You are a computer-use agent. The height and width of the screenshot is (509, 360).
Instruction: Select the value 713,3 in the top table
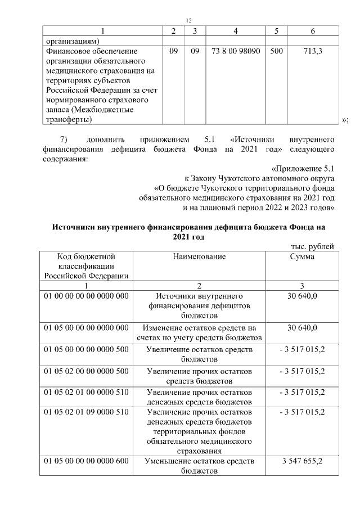(312, 51)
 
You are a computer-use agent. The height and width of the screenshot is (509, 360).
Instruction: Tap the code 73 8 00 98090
(236, 51)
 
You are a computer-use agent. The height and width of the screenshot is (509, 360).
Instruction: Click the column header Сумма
(303, 256)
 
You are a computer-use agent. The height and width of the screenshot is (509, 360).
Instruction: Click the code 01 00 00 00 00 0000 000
(86, 296)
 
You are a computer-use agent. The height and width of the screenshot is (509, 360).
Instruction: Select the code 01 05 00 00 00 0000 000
(86, 328)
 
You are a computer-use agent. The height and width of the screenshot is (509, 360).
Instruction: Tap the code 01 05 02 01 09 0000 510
(86, 412)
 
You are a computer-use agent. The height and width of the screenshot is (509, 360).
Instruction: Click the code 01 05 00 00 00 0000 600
(86, 461)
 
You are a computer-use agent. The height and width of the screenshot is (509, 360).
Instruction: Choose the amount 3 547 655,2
(303, 461)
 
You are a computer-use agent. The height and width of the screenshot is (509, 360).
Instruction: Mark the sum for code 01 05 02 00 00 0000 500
(303, 371)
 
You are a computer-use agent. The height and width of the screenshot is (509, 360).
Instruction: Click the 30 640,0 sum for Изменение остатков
(303, 328)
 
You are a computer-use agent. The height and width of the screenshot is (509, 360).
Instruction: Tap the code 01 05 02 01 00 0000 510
(86, 392)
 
